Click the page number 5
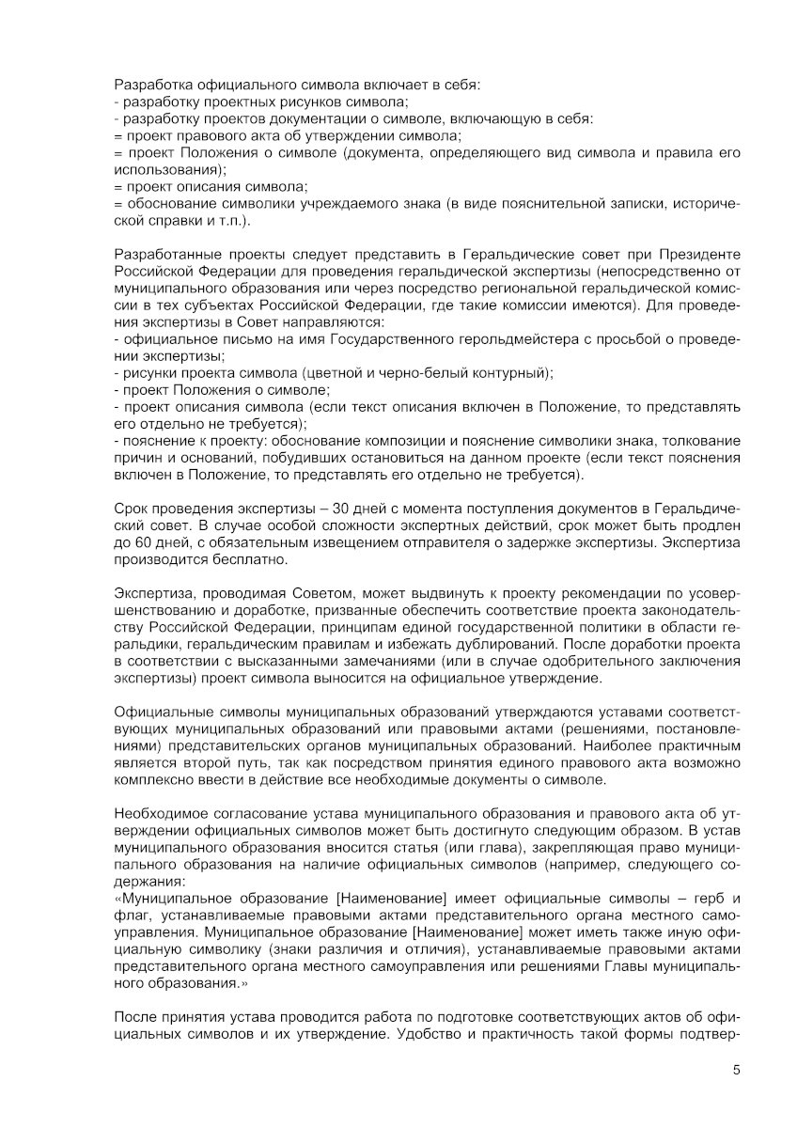click(736, 1070)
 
